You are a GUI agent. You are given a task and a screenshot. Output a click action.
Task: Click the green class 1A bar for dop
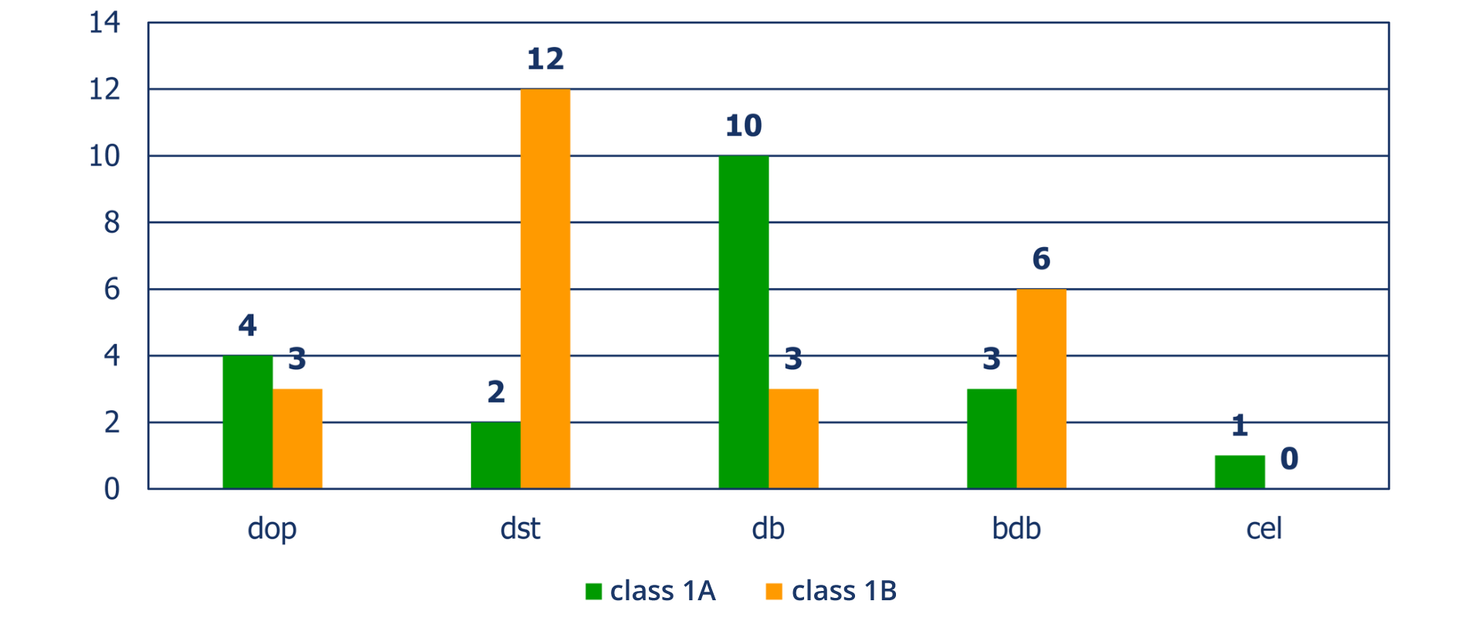247,422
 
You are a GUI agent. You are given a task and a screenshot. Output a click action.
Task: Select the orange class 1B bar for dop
297,439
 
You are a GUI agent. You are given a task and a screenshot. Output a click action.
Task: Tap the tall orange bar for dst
545,289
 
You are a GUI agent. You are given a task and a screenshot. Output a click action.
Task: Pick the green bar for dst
496,456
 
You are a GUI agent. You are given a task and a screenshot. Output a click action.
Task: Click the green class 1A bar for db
744,322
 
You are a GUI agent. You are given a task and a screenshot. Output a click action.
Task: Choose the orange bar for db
793,439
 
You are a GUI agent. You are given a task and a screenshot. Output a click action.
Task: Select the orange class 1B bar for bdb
1041,389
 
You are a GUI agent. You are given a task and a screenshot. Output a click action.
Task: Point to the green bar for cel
1240,472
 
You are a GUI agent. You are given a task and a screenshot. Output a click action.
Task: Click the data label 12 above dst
545,59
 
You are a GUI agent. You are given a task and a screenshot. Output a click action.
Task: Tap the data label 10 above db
744,126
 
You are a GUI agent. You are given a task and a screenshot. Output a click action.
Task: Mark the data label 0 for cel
1289,459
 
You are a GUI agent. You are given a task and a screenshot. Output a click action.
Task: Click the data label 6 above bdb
1041,259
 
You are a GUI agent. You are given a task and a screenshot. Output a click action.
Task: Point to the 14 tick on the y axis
104,22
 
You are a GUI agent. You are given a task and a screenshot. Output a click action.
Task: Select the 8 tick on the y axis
112,222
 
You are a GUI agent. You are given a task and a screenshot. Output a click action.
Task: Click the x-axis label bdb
1016,528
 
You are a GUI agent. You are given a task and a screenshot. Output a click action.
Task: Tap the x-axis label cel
1264,528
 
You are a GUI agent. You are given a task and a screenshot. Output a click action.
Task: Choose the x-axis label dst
520,528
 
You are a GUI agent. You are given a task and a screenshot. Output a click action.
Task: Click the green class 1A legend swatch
593,592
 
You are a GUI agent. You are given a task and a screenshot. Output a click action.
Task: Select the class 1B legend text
843,591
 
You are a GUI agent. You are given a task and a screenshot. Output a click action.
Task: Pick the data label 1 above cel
1240,426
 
